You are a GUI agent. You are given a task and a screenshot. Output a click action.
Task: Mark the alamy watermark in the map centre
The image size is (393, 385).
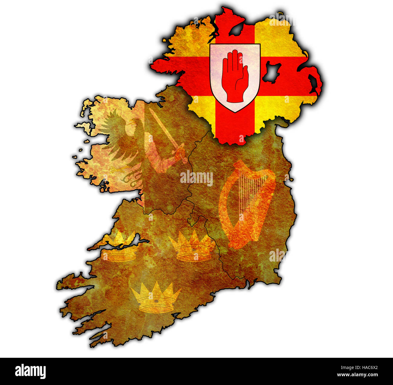[197, 178]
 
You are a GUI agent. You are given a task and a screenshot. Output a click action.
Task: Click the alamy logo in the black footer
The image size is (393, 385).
[30, 371]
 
